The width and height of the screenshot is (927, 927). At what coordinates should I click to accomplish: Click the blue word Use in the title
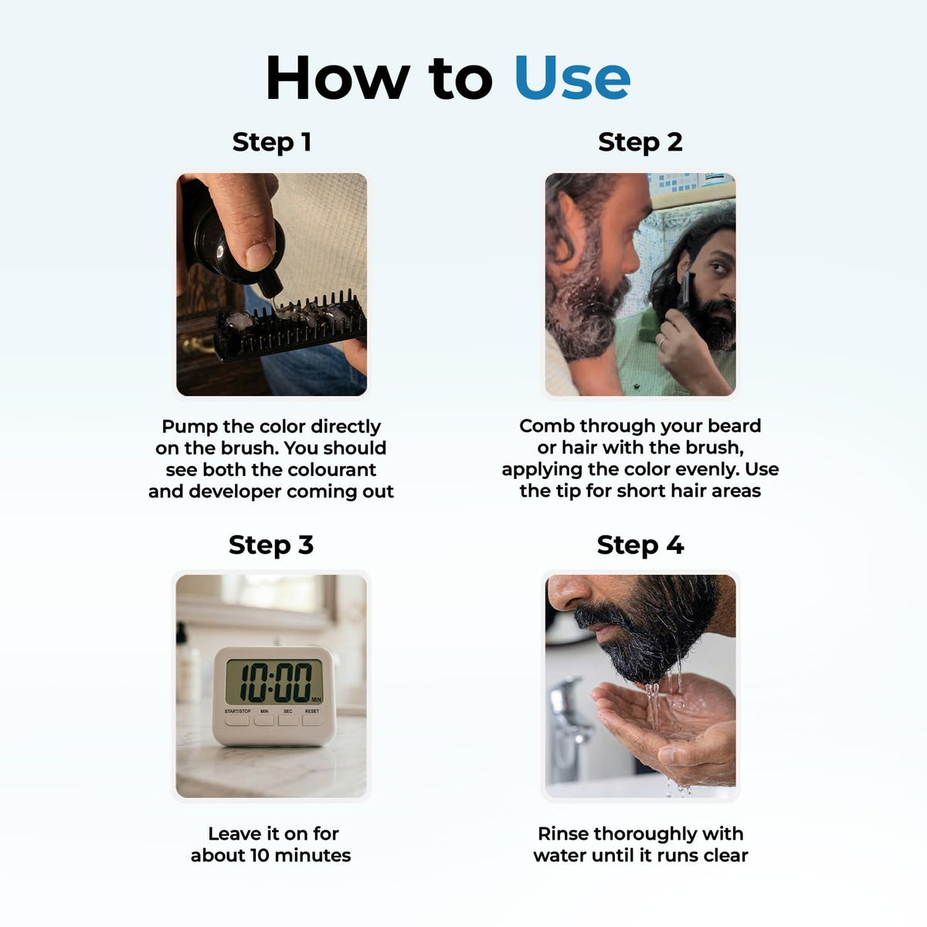572,77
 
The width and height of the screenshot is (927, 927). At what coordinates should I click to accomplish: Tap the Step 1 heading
272,142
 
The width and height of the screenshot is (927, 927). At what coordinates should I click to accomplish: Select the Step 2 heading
640,142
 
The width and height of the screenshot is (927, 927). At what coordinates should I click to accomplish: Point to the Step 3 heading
271,545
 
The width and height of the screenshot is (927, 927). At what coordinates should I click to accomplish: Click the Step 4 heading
640,545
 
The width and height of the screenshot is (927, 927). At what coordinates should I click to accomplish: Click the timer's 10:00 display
275,682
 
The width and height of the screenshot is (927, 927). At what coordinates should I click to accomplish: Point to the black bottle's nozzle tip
272,294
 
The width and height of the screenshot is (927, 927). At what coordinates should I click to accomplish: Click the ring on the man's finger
662,342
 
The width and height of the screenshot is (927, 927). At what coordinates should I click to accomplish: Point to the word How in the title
338,77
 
